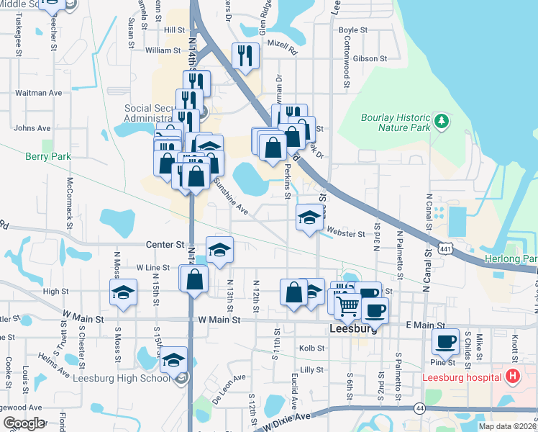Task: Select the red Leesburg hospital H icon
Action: coord(512,376)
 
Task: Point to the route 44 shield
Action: coord(420,408)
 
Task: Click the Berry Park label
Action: coord(48,156)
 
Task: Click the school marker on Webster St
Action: coord(309,217)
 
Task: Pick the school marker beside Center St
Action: coord(219,250)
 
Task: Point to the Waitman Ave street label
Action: coord(39,93)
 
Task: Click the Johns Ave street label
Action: coord(32,128)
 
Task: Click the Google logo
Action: coord(23,423)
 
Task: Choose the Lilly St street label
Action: coord(311,369)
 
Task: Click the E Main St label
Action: coord(427,326)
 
